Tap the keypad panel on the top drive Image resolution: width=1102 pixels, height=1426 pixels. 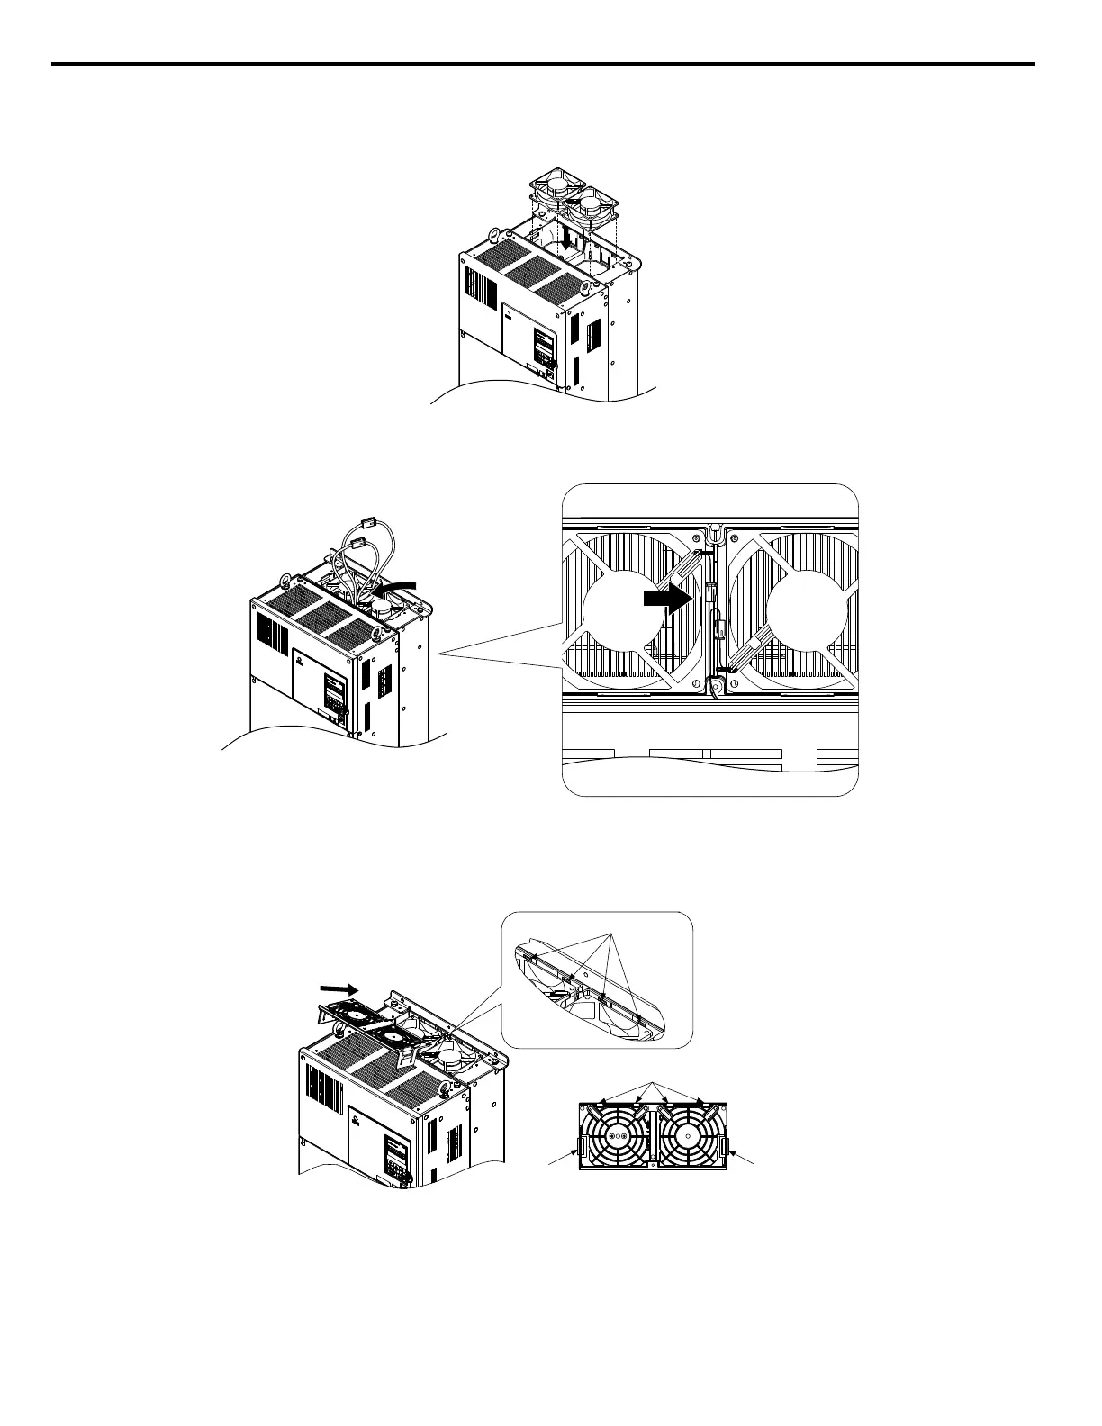click(544, 347)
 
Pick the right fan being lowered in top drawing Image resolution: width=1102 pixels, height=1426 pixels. click(593, 206)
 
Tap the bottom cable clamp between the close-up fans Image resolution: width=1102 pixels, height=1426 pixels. click(715, 687)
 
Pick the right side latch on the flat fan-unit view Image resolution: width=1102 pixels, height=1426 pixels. click(725, 1147)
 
